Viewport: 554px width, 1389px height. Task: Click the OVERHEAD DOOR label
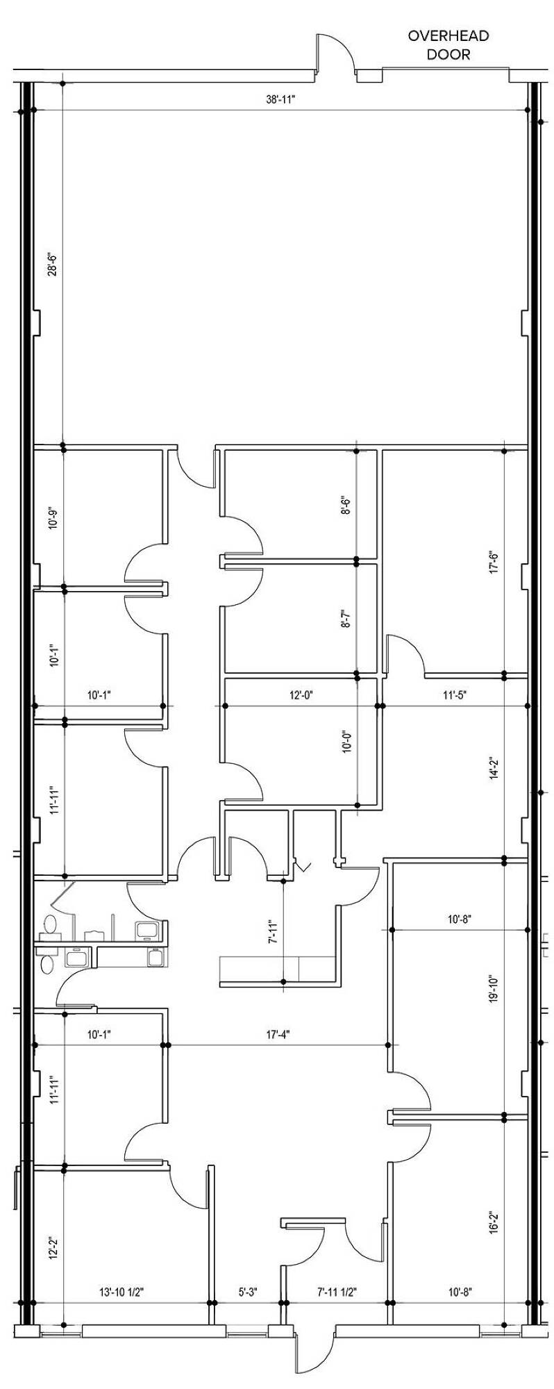coord(448,44)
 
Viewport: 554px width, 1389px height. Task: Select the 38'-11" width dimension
coord(280,99)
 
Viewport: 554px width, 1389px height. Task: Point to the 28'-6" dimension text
coord(51,264)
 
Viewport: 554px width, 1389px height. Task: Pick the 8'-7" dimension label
coord(345,617)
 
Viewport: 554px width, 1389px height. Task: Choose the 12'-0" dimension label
coord(301,695)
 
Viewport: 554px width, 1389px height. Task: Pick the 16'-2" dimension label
coord(495,1223)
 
